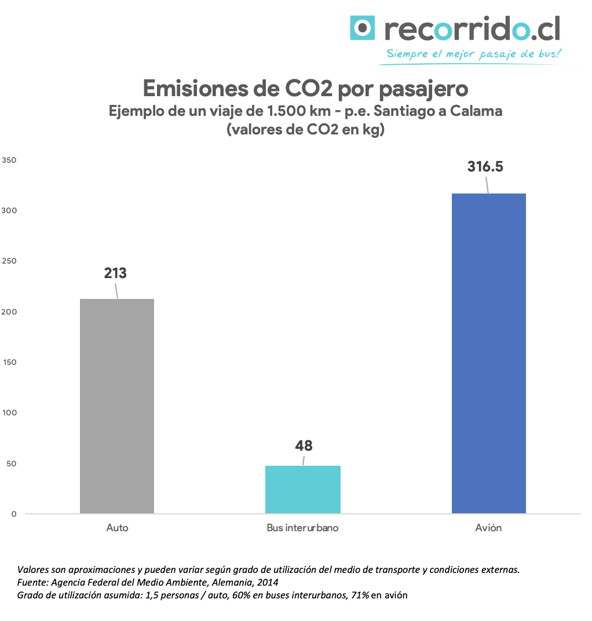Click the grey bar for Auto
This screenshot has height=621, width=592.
(x=117, y=406)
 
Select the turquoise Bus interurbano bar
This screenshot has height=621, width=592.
(x=303, y=490)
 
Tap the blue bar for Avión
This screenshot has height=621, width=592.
(x=488, y=353)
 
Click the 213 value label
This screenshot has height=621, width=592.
(x=115, y=273)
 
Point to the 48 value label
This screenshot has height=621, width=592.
(x=304, y=445)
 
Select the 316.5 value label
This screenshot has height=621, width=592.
(x=485, y=167)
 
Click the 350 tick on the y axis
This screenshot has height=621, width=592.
(x=9, y=160)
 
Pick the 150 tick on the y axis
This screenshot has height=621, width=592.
(x=9, y=363)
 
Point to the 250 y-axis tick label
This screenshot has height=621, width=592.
(x=9, y=261)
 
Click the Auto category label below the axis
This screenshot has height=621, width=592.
(x=117, y=528)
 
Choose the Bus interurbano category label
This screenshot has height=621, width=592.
(x=302, y=528)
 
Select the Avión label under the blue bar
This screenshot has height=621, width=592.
(x=488, y=528)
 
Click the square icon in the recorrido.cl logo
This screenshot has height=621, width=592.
(x=363, y=28)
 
